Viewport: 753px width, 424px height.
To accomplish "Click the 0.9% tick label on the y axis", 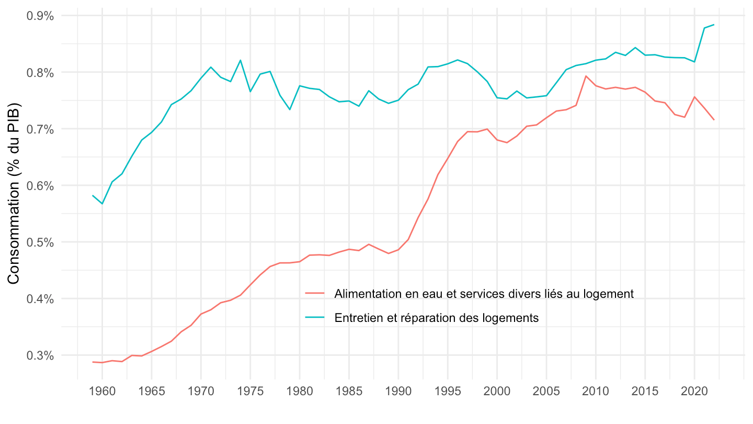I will point(40,16).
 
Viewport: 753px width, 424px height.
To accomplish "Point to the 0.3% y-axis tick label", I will point(40,355).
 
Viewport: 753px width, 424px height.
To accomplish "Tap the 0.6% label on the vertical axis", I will point(40,186).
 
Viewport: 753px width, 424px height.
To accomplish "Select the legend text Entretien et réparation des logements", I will point(437,318).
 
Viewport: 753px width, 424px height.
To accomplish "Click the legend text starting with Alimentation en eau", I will point(484,294).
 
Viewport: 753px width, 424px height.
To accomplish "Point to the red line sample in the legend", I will point(315,294).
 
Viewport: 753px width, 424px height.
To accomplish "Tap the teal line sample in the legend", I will point(315,318).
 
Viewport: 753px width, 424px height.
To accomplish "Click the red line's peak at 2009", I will point(586,76).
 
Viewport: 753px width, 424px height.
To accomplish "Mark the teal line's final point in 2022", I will point(714,25).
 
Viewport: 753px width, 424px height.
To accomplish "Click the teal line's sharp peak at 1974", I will point(241,60).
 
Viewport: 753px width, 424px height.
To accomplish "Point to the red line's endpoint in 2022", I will point(714,120).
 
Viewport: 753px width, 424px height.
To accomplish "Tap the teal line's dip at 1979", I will point(290,109).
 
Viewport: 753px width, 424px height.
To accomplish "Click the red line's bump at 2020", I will point(694,97).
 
